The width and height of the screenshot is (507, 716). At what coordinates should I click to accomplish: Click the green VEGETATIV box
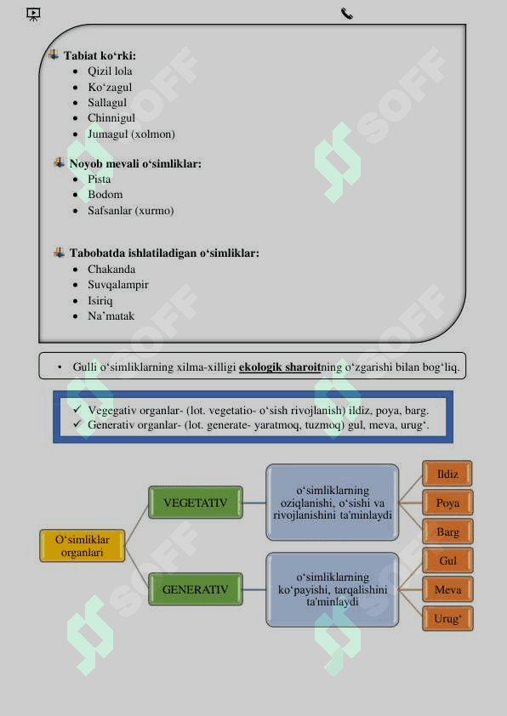(x=196, y=503)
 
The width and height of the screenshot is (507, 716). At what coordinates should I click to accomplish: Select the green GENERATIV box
(x=196, y=589)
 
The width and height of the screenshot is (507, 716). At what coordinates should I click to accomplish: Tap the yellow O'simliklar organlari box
(x=83, y=546)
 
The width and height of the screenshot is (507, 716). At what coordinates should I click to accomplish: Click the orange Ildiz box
(x=447, y=474)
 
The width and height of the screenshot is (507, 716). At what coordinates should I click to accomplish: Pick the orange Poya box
(x=447, y=503)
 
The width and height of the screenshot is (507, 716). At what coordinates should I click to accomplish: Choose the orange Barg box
(x=447, y=531)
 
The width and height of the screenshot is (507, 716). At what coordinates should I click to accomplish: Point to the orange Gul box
(x=447, y=560)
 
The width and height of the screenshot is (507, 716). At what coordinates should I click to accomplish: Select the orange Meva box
(x=447, y=589)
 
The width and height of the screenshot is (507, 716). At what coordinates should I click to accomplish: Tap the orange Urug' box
(x=447, y=619)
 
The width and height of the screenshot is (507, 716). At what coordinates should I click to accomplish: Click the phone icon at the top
(x=347, y=14)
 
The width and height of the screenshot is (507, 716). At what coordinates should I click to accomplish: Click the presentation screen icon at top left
(x=33, y=14)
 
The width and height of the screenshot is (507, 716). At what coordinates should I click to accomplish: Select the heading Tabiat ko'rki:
(x=100, y=56)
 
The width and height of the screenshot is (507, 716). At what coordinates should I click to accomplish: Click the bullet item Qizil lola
(x=110, y=71)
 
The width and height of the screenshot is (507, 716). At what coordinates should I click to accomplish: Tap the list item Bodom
(x=105, y=195)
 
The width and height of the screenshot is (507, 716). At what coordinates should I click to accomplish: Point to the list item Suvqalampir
(x=118, y=285)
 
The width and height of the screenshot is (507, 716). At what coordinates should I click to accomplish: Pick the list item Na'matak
(x=111, y=316)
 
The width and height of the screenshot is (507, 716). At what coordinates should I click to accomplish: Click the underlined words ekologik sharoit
(x=280, y=367)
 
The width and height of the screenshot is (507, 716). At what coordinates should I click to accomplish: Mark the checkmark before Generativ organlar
(x=77, y=423)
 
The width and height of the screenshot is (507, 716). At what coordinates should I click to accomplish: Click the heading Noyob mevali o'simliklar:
(x=135, y=163)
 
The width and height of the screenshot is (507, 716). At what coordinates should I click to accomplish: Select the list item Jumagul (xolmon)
(x=132, y=134)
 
